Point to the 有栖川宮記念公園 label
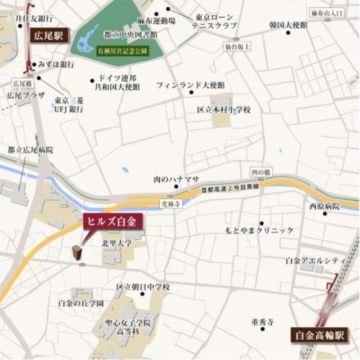[122, 51]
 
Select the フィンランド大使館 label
[190, 85]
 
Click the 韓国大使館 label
[288, 25]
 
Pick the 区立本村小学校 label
[223, 109]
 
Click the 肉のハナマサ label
[176, 179]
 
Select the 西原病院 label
[325, 206]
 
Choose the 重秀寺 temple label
[262, 322]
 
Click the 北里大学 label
[117, 244]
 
